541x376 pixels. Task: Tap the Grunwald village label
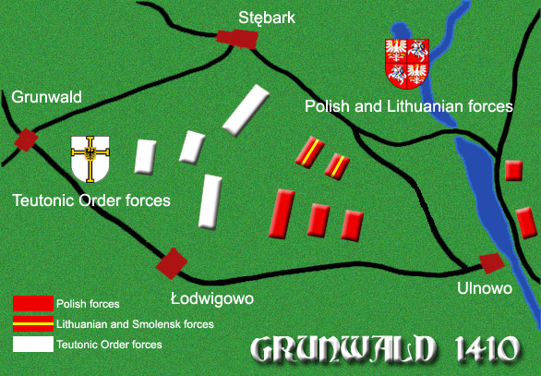pos(46,96)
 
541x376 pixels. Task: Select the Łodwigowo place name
pos(211,297)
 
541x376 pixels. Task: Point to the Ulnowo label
pos(484,289)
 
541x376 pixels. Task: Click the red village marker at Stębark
pos(236,37)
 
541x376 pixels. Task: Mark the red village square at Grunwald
pos(26,139)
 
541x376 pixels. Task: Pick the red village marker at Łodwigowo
pos(172,261)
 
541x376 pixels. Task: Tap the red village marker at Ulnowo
pos(492,262)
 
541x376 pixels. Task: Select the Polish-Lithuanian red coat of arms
pos(407,63)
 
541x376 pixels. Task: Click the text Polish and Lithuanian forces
pos(408,107)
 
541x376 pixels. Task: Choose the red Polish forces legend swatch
pos(32,303)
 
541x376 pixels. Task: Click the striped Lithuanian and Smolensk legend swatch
pos(32,324)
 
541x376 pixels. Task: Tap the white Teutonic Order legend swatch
pos(32,345)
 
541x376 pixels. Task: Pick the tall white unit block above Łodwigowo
pos(212,201)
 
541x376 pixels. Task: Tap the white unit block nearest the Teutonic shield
pos(145,156)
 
